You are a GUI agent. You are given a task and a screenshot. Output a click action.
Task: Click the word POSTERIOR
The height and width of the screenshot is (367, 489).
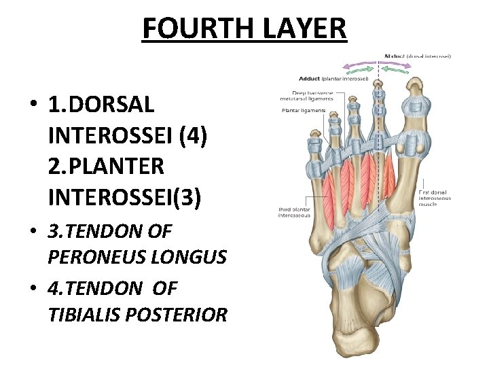(184, 315)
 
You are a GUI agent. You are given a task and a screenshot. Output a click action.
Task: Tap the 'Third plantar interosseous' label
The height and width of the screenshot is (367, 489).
(293, 213)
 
